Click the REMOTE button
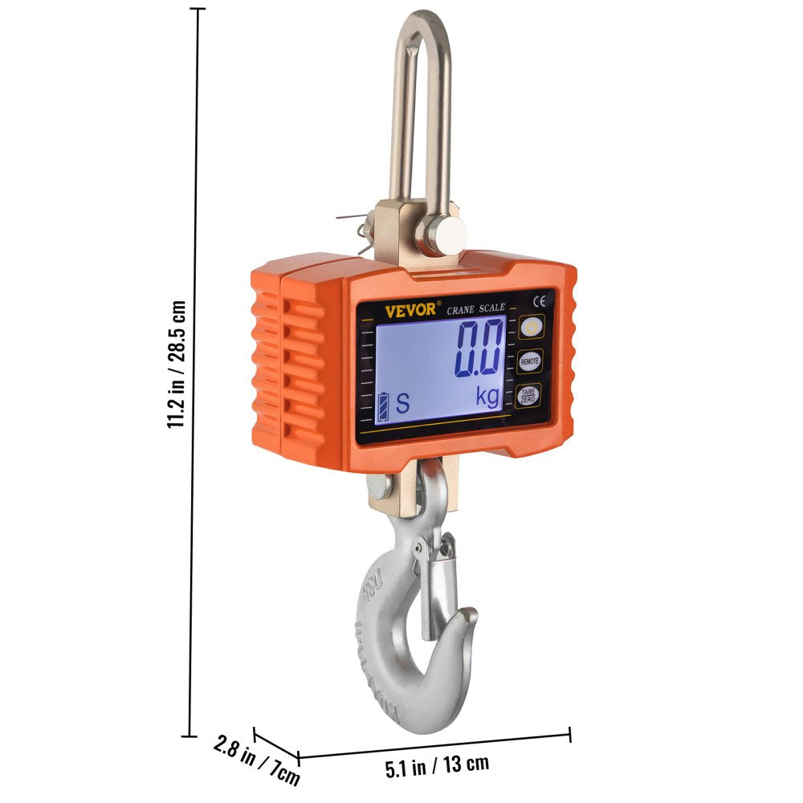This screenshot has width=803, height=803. pos(528,361)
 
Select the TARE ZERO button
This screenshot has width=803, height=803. pos(528,394)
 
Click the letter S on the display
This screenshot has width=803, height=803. pos(402,404)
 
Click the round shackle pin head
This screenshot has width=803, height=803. pos(446,235)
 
